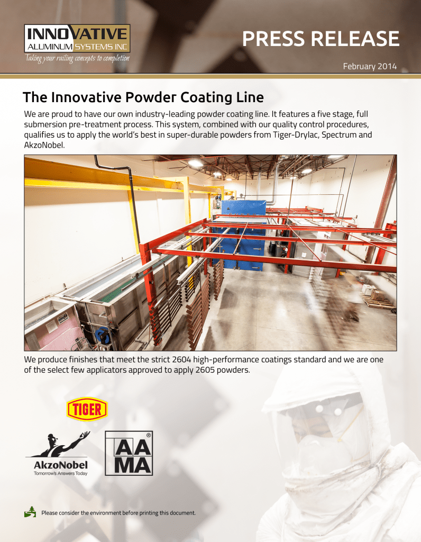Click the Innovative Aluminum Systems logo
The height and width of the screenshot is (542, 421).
click(x=77, y=38)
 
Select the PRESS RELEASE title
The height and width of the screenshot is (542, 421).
click(x=321, y=39)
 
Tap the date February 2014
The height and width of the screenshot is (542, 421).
click(x=370, y=67)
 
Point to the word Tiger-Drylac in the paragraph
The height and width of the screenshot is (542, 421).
click(x=285, y=134)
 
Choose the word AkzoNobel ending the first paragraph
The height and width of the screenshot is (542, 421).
click(x=44, y=144)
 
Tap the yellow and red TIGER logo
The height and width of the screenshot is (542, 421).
click(x=87, y=409)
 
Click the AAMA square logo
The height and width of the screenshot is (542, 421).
click(x=129, y=453)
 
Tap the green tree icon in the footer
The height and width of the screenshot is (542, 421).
click(x=31, y=511)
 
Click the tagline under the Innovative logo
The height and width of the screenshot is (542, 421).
click(x=76, y=58)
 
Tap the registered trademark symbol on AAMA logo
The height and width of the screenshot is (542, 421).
click(x=149, y=435)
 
